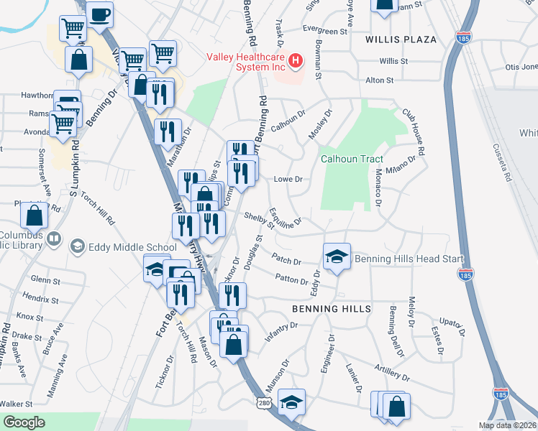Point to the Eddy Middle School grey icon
click(x=76, y=247)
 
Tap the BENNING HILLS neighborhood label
click(x=331, y=309)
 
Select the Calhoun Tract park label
click(x=352, y=159)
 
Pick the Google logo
click(x=24, y=422)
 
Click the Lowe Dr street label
click(x=287, y=179)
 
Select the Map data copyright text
click(x=508, y=425)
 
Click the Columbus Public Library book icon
click(x=54, y=238)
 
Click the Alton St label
click(x=380, y=80)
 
